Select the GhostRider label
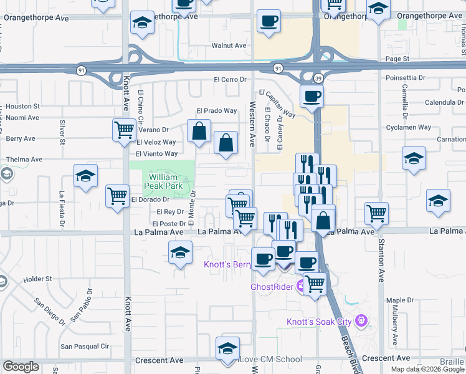pyautogui.click(x=272, y=287)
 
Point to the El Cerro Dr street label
pyautogui.click(x=231, y=80)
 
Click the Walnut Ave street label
pyautogui.click(x=229, y=46)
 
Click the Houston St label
pyautogui.click(x=24, y=107)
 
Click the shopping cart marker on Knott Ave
pyautogui.click(x=124, y=130)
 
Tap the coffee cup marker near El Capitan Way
pyautogui.click(x=311, y=97)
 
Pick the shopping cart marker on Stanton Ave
pyautogui.click(x=377, y=213)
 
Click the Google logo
pyautogui.click(x=21, y=367)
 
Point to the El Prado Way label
pyautogui.click(x=217, y=111)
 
